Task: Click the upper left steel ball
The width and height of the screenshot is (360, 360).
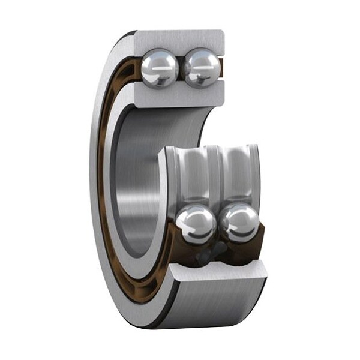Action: [160, 67]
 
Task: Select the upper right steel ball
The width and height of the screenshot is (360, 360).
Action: [200, 67]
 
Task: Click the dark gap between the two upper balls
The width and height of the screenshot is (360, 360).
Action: [180, 67]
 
